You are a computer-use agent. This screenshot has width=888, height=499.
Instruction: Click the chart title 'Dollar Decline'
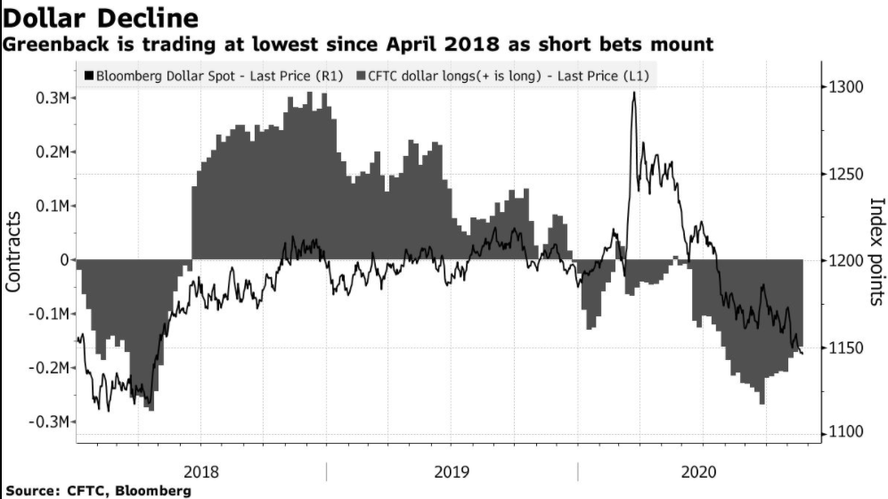[x=101, y=17]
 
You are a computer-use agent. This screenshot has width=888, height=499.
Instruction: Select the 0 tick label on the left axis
[x=64, y=260]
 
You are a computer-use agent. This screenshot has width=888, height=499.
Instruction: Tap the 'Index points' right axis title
[x=875, y=252]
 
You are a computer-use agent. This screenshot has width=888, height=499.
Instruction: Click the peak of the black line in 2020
[x=633, y=93]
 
